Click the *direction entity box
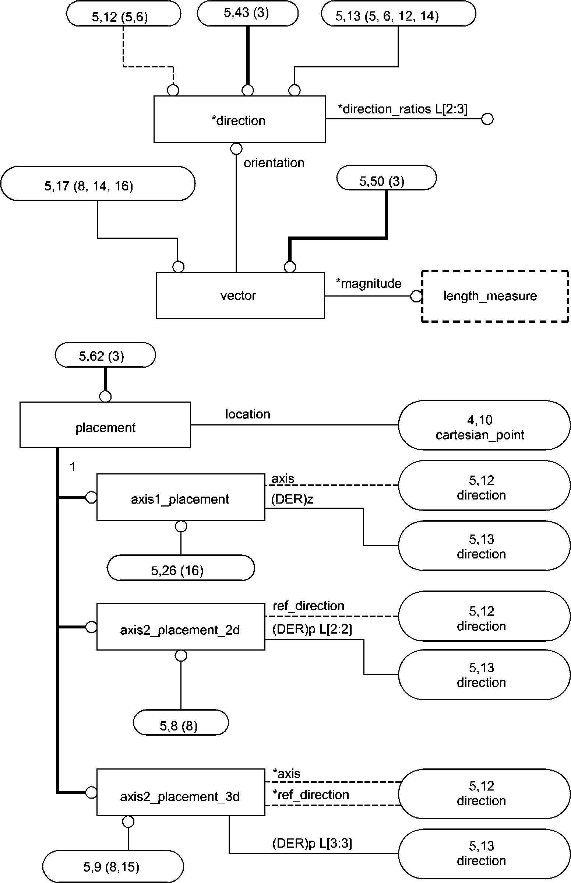click(x=239, y=119)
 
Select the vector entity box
click(x=240, y=295)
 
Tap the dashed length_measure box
click(x=495, y=296)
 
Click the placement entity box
click(x=105, y=425)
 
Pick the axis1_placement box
click(x=180, y=497)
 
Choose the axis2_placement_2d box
click(x=180, y=627)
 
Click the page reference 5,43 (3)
click(x=247, y=13)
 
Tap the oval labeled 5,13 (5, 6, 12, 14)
click(x=398, y=15)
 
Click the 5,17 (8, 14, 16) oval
click(x=98, y=184)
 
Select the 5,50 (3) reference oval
click(x=386, y=178)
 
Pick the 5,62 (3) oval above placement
click(x=105, y=355)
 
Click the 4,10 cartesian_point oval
click(x=484, y=425)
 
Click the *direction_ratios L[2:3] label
click(x=402, y=109)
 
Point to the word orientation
click(x=274, y=163)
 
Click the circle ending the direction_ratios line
click(x=487, y=119)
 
